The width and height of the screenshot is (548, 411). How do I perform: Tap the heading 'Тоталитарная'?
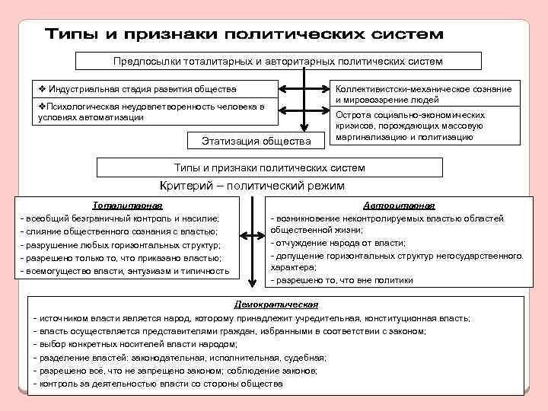click(x=128, y=205)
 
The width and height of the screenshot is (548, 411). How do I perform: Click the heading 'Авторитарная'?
click(x=399, y=205)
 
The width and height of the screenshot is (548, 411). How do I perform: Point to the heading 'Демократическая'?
click(x=275, y=304)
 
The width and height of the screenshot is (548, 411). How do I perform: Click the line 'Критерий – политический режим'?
click(x=252, y=186)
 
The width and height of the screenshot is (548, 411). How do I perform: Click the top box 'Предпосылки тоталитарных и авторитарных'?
click(x=278, y=61)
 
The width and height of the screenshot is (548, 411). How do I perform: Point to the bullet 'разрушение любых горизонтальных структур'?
click(x=122, y=245)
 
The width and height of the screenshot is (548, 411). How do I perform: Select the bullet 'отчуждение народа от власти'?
click(x=339, y=243)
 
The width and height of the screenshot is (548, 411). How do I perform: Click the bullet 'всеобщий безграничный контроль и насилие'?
click(x=122, y=218)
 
